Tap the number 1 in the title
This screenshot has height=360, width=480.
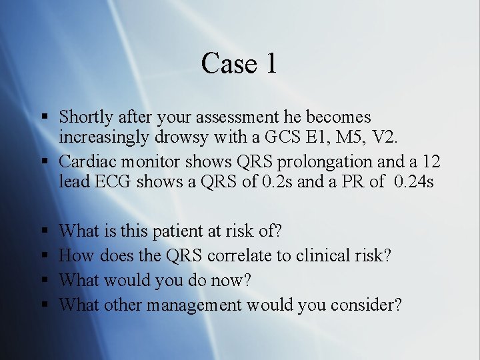pos(269,63)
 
